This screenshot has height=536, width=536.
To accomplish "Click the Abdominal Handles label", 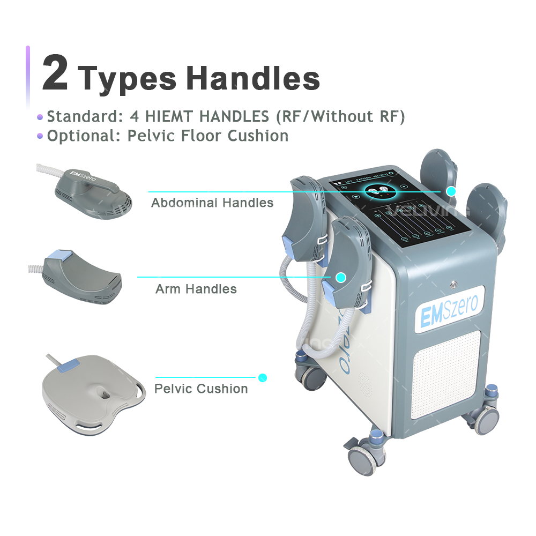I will click(x=212, y=203).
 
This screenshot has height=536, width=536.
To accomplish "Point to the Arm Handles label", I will click(x=196, y=289).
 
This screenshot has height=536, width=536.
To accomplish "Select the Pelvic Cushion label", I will click(x=201, y=389).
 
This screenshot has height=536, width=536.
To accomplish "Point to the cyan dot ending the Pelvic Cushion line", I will click(x=263, y=378).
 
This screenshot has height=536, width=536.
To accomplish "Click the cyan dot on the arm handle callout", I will click(x=340, y=277).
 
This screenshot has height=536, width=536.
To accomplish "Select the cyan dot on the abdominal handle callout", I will click(x=451, y=191).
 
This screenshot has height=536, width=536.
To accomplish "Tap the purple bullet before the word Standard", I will click(x=40, y=117).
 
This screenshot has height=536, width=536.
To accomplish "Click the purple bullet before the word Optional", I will click(x=40, y=136).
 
